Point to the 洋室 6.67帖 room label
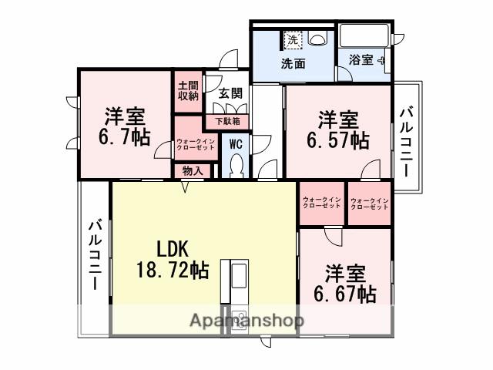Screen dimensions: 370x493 pos(344,283)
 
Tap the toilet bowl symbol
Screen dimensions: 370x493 pos(237,165)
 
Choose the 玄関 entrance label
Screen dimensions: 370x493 pos(230,92)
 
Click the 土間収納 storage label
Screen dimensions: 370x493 pos(188,91)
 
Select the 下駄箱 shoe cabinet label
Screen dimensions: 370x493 pos(226,121)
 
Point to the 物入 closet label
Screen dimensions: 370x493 pos(193,170)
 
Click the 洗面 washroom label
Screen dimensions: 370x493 pos(292,63)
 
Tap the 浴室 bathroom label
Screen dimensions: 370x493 pos(361,59)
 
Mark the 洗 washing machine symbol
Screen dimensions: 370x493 pos(293,38)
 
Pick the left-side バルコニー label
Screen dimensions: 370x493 pos(96,254)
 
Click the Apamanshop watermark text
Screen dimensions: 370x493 pos(246,320)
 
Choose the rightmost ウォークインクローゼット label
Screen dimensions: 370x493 pos(369,203)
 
